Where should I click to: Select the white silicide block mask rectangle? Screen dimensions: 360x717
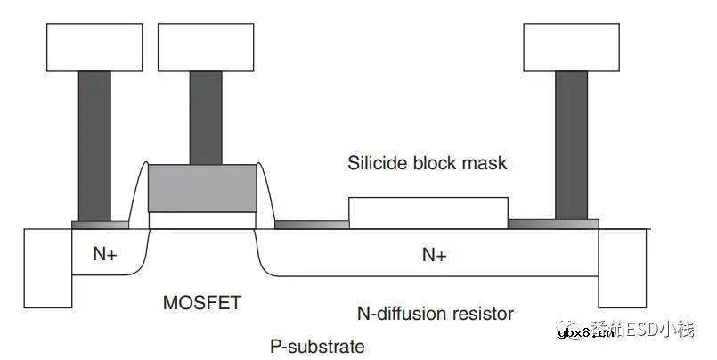click(428, 213)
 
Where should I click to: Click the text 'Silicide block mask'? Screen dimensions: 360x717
click(427, 164)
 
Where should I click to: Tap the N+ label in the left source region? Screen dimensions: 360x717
click(105, 253)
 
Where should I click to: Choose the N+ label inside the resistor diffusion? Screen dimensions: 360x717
click(434, 256)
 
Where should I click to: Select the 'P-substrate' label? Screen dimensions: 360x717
click(317, 346)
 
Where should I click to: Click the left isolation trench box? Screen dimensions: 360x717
click(46, 267)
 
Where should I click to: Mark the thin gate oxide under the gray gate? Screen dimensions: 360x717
click(201, 219)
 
